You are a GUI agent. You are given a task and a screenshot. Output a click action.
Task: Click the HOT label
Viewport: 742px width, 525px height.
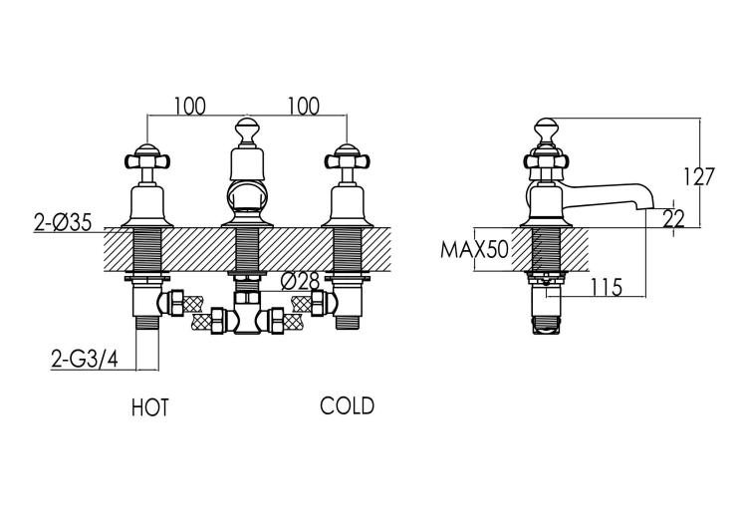click(150, 407)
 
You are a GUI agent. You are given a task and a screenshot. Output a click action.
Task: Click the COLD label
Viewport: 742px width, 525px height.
click(347, 405)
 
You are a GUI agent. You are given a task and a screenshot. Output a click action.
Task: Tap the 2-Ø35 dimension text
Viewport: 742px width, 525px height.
click(63, 222)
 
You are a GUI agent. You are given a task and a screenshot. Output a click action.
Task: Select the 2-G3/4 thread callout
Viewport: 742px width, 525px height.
click(85, 361)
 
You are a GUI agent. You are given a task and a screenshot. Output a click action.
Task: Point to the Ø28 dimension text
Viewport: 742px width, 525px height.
click(301, 282)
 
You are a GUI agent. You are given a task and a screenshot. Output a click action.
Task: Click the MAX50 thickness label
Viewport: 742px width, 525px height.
click(474, 249)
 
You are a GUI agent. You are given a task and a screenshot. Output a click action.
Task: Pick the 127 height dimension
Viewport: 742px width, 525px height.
click(698, 176)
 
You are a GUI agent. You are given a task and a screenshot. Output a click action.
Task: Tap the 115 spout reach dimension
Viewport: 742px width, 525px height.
click(606, 287)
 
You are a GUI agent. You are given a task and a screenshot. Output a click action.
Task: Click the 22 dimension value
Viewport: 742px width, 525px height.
click(673, 219)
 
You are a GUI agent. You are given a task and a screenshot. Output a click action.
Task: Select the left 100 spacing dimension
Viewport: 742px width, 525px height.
click(190, 106)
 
